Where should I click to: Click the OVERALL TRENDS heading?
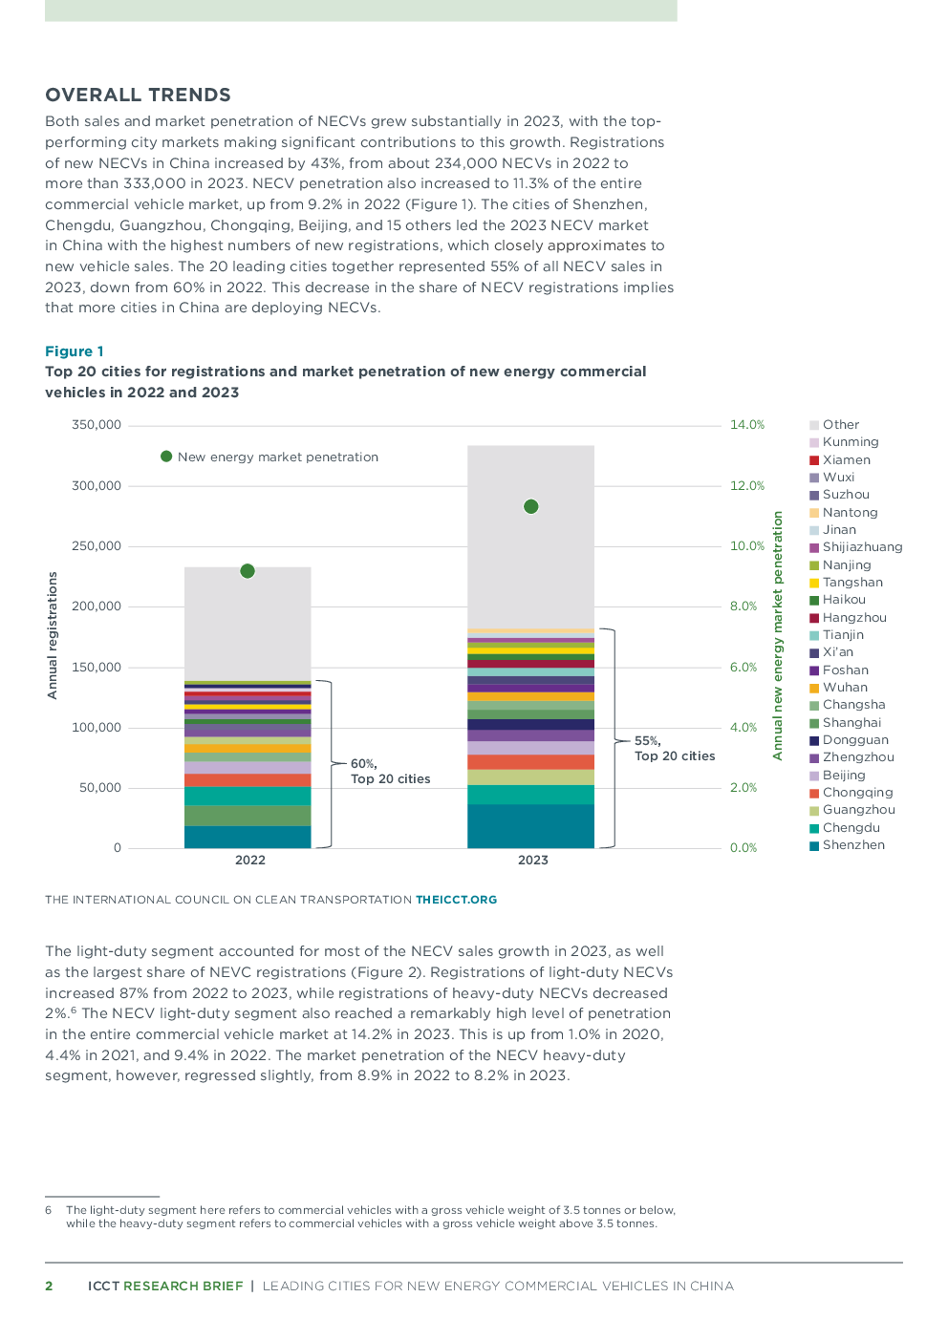coord(138,95)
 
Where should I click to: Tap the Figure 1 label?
coord(74,351)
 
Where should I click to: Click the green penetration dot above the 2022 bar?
coord(248,571)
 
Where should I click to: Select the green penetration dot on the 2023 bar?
coord(531,506)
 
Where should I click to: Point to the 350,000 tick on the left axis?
coord(97,425)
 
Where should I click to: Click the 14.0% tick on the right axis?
coord(747,425)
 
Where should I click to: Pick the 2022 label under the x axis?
coord(249,860)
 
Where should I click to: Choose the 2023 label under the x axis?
coord(532,860)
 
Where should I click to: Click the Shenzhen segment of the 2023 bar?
coord(530,826)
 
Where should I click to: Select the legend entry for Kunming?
coord(850,442)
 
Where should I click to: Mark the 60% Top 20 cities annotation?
coord(389,771)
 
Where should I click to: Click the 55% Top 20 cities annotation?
coord(674,748)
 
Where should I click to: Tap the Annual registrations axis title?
coord(53,635)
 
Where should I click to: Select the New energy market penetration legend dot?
coord(166,457)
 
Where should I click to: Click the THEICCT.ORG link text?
coord(456,900)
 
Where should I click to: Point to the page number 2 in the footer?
coord(49,1286)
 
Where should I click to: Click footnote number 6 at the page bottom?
coord(48,1210)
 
